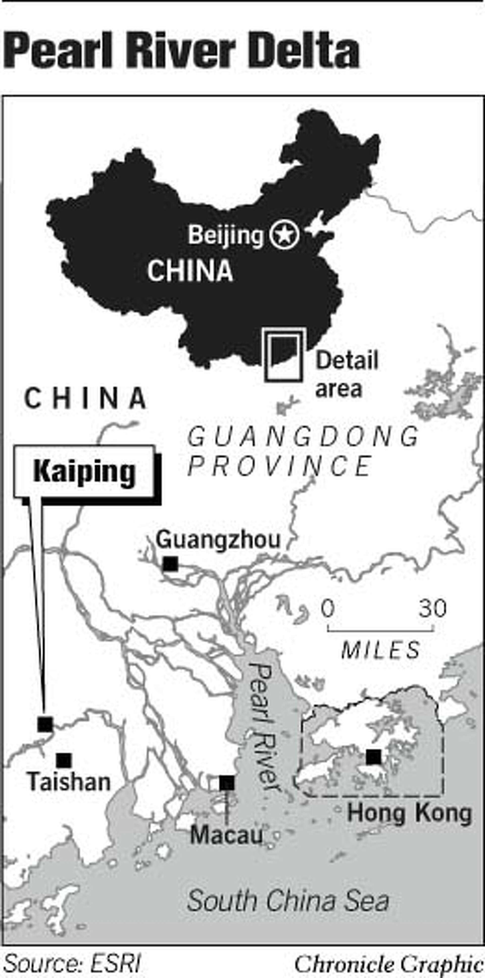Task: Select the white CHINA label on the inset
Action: (x=190, y=271)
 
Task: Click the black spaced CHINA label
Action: (x=85, y=398)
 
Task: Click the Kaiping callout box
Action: (x=84, y=471)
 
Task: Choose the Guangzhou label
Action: (x=218, y=539)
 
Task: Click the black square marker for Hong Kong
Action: (x=373, y=757)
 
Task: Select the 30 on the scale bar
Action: (x=433, y=608)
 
